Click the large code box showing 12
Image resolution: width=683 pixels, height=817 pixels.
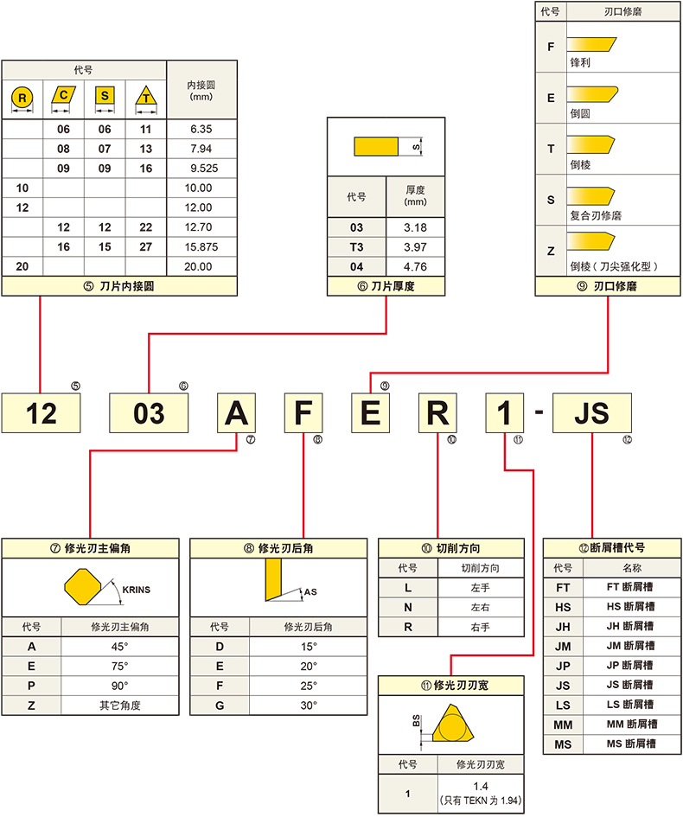pyautogui.click(x=41, y=412)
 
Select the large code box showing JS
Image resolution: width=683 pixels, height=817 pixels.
pyautogui.click(x=591, y=412)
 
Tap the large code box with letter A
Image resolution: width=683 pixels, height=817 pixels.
pyautogui.click(x=237, y=412)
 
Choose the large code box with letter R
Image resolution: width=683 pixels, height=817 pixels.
pyautogui.click(x=438, y=412)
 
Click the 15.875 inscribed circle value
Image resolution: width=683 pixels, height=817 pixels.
pyautogui.click(x=200, y=246)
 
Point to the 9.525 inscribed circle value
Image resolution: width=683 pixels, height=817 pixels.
pyautogui.click(x=200, y=168)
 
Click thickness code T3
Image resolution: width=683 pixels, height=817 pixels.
pyautogui.click(x=356, y=247)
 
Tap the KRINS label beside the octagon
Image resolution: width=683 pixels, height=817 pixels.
pyautogui.click(x=136, y=590)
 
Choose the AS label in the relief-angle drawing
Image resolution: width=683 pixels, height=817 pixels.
pyautogui.click(x=312, y=592)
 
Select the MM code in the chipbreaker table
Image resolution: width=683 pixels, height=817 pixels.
pyautogui.click(x=563, y=724)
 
